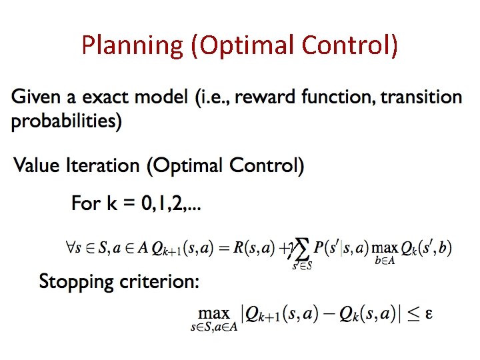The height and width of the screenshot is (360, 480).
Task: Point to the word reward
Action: click(258, 97)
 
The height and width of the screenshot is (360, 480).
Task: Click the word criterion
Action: click(160, 281)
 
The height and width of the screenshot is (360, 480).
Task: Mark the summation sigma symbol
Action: click(303, 250)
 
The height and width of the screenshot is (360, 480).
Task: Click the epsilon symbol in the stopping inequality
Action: click(429, 313)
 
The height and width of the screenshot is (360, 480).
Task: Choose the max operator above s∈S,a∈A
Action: click(214, 313)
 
